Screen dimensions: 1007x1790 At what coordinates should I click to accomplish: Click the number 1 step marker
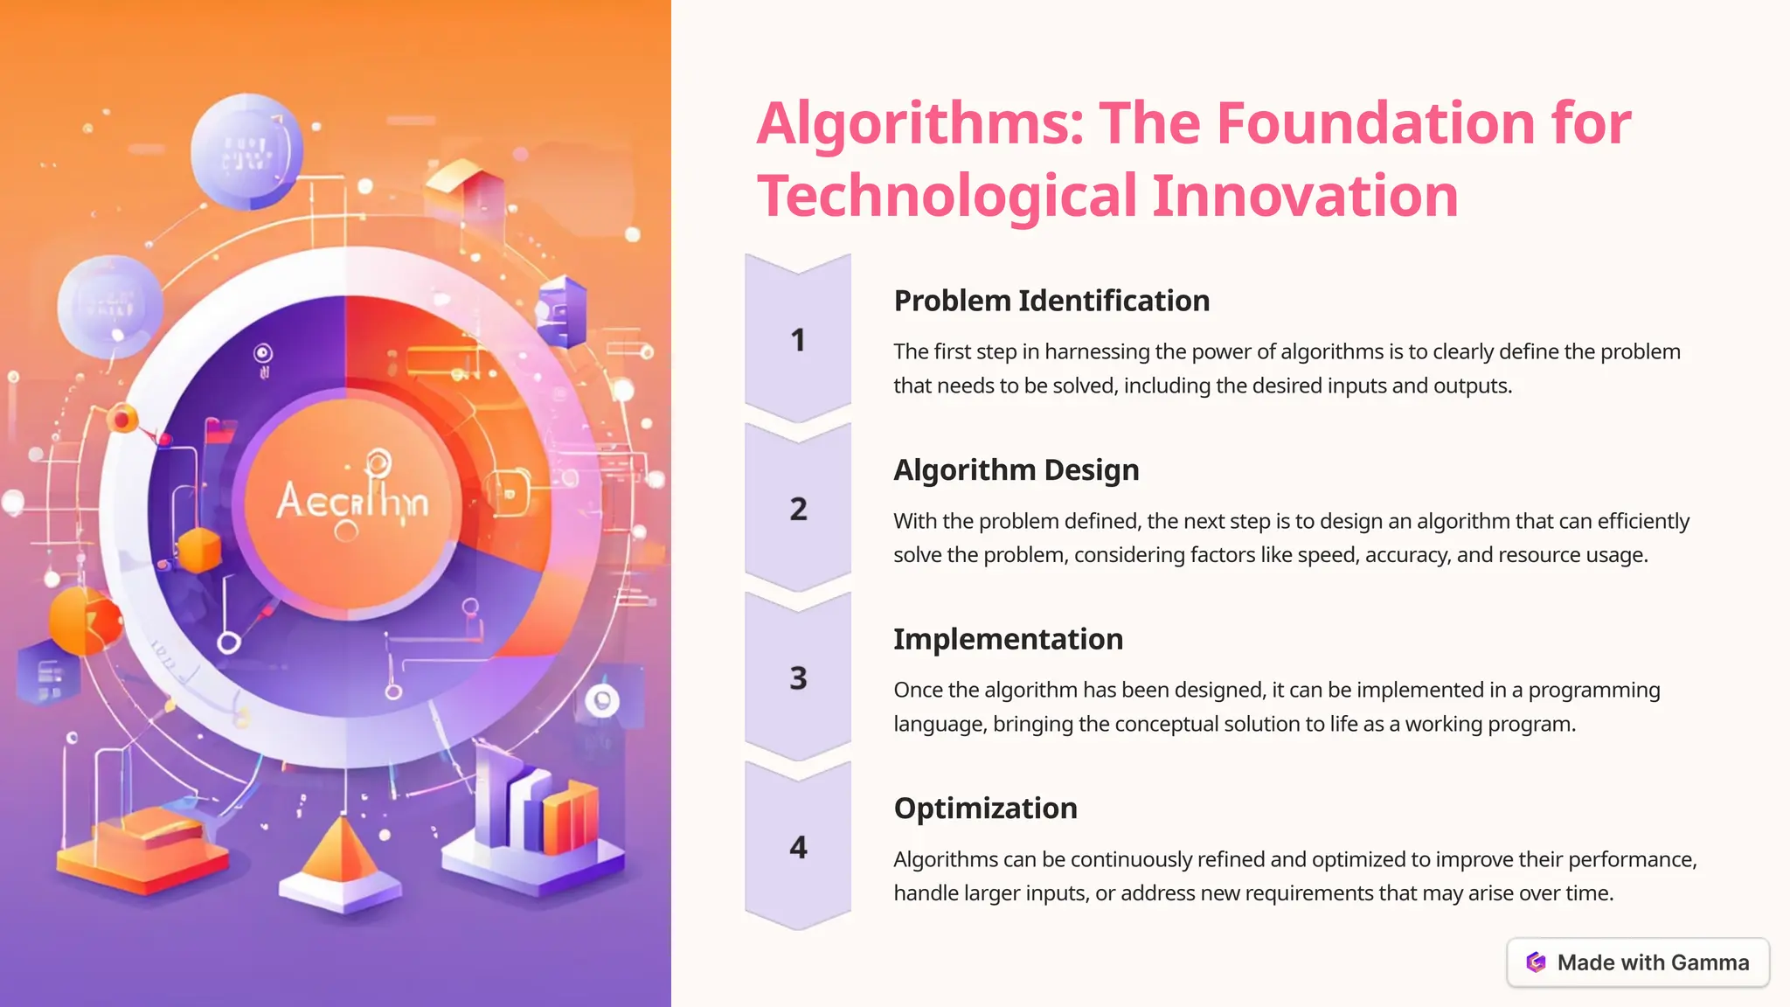click(x=797, y=340)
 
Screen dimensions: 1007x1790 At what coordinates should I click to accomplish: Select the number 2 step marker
click(x=798, y=509)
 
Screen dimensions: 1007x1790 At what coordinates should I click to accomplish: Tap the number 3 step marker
click(x=798, y=678)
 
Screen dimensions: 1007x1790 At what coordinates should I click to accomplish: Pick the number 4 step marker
click(x=798, y=847)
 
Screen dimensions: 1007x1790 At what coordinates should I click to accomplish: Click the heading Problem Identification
click(x=1051, y=301)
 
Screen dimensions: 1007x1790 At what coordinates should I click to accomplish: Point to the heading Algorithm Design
click(x=1016, y=470)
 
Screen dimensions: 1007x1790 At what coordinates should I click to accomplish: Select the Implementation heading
click(x=1008, y=639)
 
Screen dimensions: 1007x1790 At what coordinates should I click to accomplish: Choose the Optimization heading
click(x=985, y=809)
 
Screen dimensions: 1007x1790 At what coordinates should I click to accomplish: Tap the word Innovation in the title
click(x=1305, y=196)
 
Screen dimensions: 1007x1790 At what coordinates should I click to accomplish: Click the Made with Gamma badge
click(x=1638, y=962)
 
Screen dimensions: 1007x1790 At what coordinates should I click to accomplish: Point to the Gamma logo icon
click(x=1536, y=962)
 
